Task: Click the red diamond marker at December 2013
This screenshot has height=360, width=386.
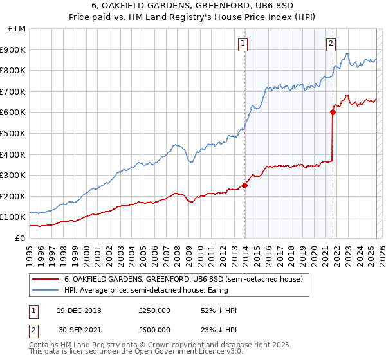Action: [x=244, y=186]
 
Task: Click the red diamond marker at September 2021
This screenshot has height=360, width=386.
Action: [x=333, y=112]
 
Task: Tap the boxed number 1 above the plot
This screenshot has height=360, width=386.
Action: [x=243, y=44]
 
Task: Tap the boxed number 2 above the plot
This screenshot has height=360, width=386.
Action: [x=331, y=44]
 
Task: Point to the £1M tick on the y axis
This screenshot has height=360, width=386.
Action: [x=17, y=29]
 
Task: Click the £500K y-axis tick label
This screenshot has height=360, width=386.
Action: [x=14, y=133]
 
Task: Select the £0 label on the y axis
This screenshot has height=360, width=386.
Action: [x=20, y=238]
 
